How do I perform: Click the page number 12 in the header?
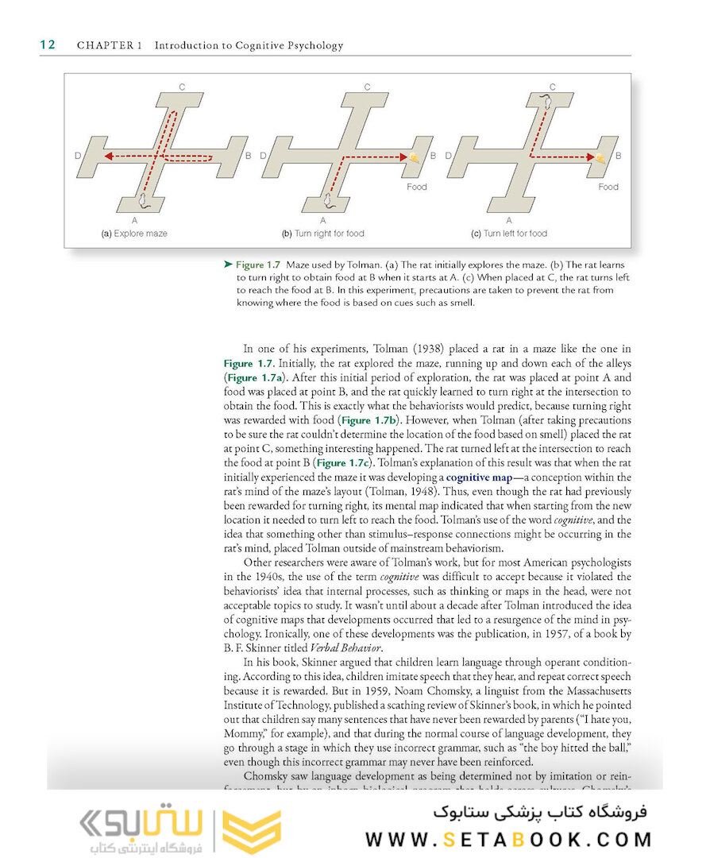pos(48,44)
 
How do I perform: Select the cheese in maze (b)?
pos(416,158)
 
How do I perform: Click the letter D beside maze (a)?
pos(78,156)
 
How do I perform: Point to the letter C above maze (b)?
pos(368,87)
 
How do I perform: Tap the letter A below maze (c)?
pos(509,219)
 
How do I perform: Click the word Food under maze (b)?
pos(416,187)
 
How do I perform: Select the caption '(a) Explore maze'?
pos(133,234)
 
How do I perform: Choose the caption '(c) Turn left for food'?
pos(509,234)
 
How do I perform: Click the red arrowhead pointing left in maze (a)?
pos(108,157)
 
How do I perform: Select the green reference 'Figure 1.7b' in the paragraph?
pos(370,419)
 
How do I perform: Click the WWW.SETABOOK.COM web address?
pos(509,840)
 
